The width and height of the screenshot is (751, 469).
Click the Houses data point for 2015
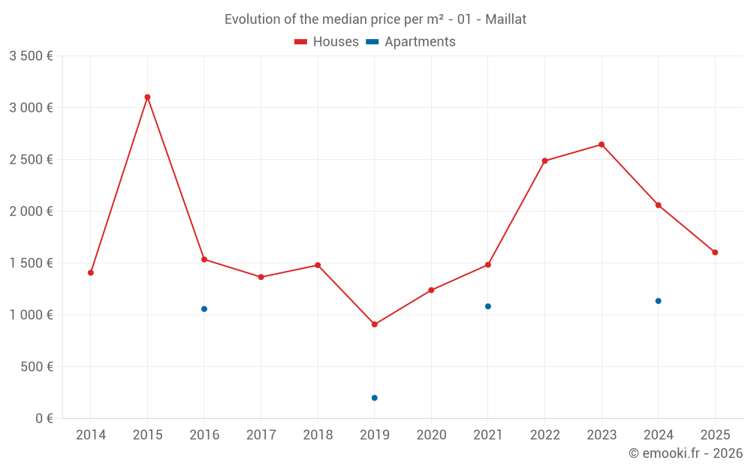147,97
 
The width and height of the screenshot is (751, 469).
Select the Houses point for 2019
375,324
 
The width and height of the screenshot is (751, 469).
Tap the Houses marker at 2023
602,144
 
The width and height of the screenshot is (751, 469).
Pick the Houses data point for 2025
715,252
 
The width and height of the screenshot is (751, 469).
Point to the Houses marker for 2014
91,272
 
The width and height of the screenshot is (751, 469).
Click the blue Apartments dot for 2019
375,398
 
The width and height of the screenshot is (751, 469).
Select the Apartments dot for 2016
204,309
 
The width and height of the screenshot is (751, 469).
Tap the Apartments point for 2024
659,301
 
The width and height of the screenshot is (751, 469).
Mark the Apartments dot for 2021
488,306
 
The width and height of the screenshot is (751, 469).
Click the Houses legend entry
327,42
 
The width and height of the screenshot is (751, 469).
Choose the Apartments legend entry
411,42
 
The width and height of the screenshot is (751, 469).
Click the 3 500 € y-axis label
31,56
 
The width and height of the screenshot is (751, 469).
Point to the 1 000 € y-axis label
31,315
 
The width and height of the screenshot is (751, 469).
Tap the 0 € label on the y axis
44,419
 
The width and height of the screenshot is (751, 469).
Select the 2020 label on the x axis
431,435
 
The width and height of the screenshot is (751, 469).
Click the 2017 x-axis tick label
261,435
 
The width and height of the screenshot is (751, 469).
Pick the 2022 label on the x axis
544,435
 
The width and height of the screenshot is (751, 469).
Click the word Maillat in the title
505,20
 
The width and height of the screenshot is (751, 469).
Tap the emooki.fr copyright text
685,453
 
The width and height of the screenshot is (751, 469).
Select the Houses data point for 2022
544,161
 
